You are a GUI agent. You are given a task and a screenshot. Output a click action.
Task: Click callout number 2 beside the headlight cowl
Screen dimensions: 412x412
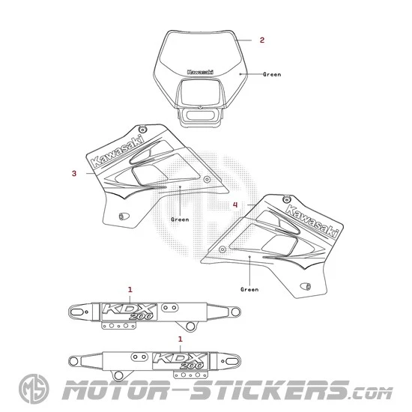point(262,40)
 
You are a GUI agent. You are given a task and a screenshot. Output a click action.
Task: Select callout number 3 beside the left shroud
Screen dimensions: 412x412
point(74,174)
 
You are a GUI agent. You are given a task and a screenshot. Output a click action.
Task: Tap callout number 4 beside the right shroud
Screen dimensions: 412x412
point(235,205)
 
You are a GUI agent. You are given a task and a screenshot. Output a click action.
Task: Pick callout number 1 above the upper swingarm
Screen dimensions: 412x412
point(130,290)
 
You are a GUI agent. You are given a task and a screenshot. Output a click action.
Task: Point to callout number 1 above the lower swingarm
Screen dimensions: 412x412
point(181,339)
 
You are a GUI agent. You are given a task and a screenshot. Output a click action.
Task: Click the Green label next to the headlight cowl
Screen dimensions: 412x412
point(272,74)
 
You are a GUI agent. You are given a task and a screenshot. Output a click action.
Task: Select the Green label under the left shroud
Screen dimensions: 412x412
point(180,219)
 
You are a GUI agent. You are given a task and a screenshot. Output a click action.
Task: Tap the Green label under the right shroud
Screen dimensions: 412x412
point(249,289)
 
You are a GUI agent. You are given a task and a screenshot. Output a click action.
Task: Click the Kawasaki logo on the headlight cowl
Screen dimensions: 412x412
point(200,72)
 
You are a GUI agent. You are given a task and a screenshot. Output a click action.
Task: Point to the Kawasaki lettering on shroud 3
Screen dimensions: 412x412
point(118,151)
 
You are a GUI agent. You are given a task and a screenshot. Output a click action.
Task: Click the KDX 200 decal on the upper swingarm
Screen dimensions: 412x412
point(129,312)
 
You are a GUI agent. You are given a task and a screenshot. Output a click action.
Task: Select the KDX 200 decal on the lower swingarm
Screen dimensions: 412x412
point(181,361)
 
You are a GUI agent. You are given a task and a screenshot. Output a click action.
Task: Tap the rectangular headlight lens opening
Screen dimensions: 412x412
point(200,92)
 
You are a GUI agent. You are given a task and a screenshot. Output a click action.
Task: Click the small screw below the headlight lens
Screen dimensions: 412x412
point(200,107)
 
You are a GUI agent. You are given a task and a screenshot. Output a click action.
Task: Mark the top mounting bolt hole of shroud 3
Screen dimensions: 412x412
point(142,129)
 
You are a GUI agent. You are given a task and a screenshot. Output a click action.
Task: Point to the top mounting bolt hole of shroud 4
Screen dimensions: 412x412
point(287,199)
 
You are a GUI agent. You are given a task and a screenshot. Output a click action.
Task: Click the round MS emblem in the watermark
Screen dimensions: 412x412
point(34,389)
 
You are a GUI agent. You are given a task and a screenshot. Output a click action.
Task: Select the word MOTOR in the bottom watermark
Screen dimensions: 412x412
point(115,390)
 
